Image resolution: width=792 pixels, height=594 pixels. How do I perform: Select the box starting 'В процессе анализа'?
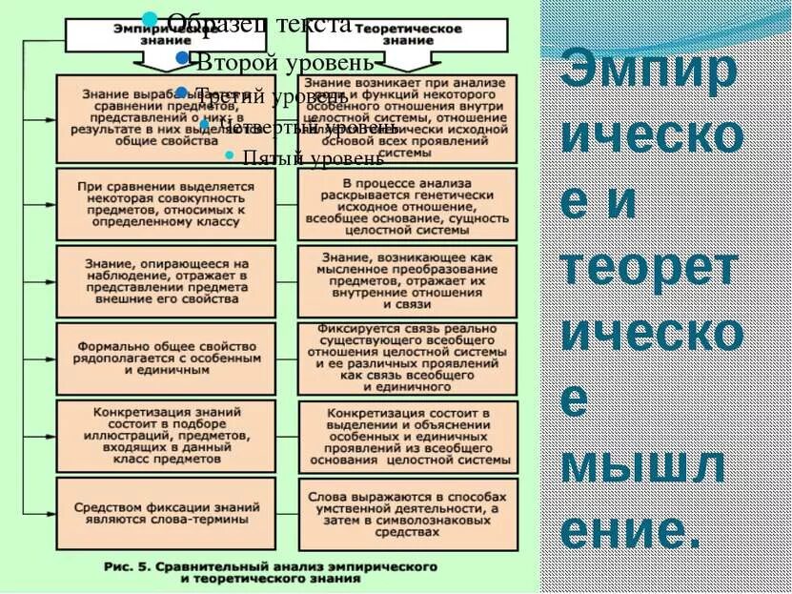click(407, 203)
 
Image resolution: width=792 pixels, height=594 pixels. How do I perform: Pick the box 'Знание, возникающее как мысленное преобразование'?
click(407, 280)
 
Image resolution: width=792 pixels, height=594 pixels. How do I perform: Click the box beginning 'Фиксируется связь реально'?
click(407, 358)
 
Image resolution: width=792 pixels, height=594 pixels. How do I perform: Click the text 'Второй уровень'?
click(284, 63)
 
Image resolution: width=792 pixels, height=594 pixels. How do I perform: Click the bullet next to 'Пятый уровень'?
click(229, 155)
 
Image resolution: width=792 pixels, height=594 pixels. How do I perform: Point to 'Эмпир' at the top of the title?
click(647, 72)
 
